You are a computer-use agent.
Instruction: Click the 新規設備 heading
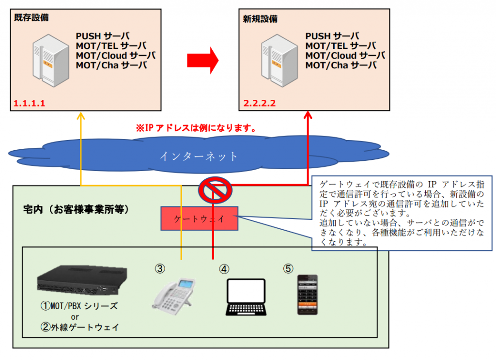[260, 18]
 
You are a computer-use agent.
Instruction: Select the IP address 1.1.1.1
[29, 103]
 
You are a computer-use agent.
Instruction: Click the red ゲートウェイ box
[199, 219]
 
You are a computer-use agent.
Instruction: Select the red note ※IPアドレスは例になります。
[195, 129]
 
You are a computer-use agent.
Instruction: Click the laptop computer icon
[246, 297]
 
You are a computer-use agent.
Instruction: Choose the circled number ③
[160, 267]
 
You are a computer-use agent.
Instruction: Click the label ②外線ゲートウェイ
[79, 327]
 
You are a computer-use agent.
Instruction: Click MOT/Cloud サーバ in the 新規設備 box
[345, 56]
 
